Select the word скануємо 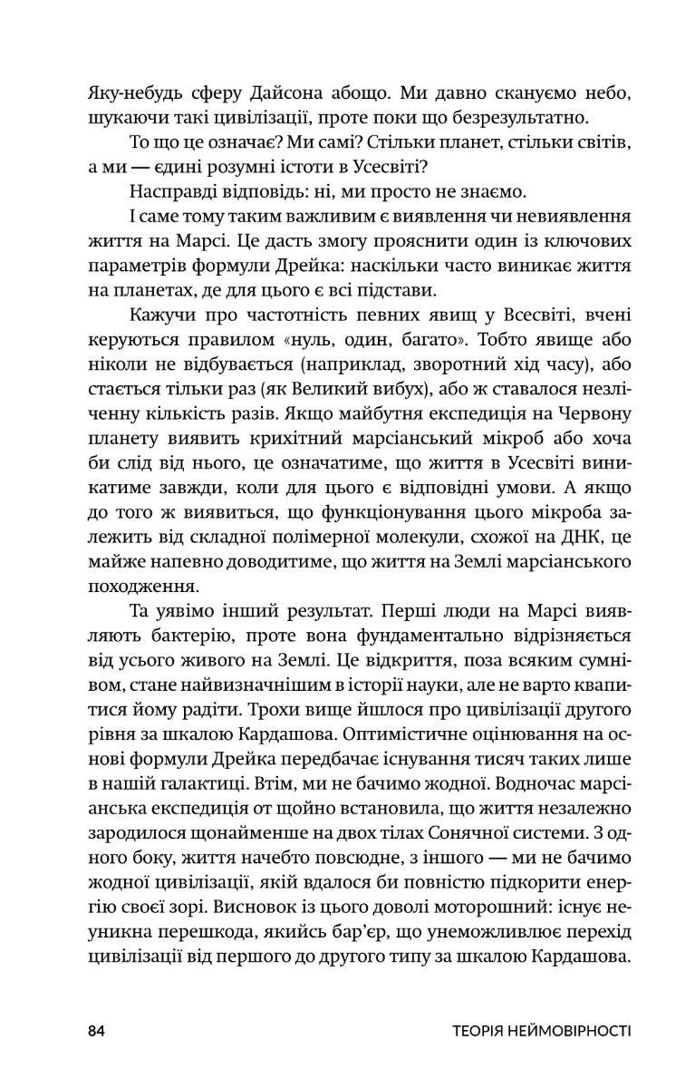coord(496,92)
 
